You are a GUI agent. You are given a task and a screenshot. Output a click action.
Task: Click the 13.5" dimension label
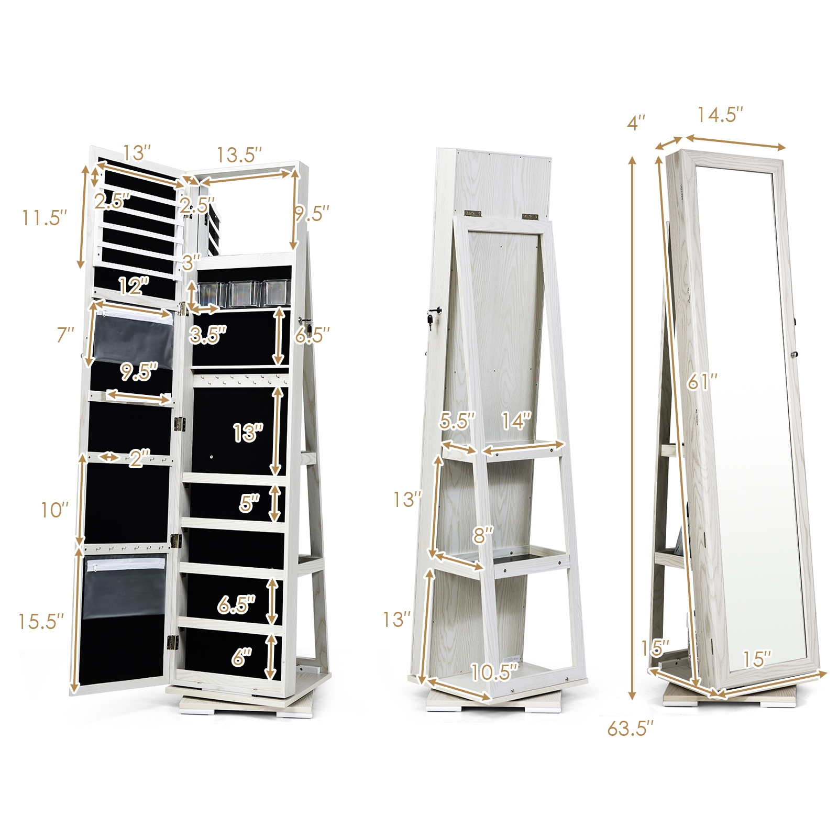coord(239,155)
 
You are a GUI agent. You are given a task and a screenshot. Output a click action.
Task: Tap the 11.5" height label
coord(45,217)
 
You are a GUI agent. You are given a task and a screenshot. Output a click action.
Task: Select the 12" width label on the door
coord(134,286)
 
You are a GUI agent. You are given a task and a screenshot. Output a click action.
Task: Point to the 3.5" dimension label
coord(208,335)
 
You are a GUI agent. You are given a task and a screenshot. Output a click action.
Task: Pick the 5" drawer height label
coord(249,503)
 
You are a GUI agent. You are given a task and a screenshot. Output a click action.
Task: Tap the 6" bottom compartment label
coord(241,657)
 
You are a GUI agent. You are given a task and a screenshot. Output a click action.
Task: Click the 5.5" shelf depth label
coord(457,421)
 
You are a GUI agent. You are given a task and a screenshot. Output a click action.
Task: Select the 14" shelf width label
coord(516,421)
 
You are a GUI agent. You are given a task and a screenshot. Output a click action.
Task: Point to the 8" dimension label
coord(483,535)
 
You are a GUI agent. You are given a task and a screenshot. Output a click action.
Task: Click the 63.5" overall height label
coord(631,728)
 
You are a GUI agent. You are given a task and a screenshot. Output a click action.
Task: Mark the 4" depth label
coord(636,123)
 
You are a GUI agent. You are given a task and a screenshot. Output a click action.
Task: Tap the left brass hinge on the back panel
coord(472,214)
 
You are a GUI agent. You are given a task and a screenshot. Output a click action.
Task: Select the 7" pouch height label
coord(65,335)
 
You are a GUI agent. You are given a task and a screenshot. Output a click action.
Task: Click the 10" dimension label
coord(55,510)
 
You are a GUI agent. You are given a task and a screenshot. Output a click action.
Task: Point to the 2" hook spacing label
coord(140,459)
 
